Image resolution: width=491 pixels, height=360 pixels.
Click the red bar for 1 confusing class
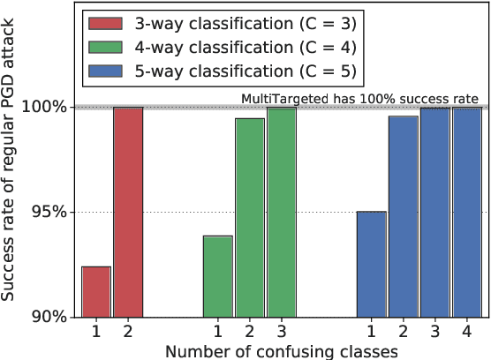[96, 291]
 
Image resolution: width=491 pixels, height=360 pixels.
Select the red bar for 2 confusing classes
[127, 212]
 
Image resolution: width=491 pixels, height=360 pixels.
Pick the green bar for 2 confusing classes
[250, 217]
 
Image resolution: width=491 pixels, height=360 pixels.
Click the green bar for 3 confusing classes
[282, 212]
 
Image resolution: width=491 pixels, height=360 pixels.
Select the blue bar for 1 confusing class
[372, 264]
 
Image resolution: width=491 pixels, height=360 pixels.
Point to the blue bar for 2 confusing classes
[404, 216]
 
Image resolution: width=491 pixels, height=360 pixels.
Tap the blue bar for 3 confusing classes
[435, 212]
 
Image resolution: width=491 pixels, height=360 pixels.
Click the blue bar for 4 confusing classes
[467, 212]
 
